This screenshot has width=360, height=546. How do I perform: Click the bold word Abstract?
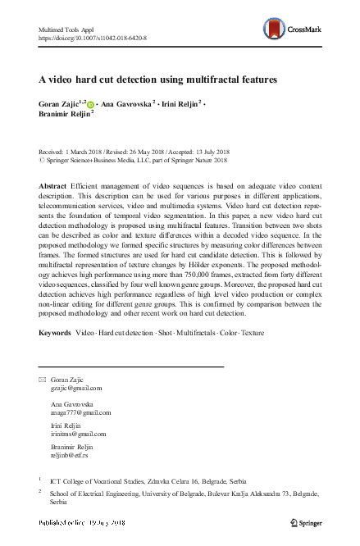53,188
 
